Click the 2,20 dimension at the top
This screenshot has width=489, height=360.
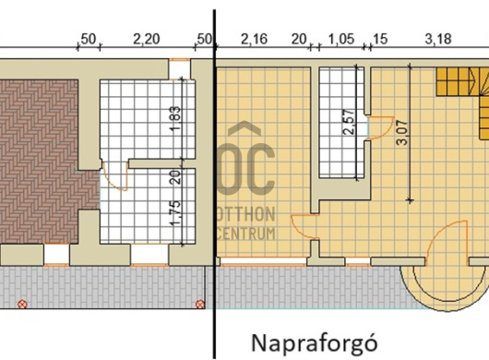147,40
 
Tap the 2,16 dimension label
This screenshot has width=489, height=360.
254,40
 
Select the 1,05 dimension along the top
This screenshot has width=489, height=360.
341,40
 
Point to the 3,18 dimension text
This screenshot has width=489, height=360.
438,40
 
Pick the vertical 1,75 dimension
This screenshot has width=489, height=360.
175,213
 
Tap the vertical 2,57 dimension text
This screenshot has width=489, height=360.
349,122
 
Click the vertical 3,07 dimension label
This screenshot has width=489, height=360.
402,133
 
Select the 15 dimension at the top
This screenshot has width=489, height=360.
380,40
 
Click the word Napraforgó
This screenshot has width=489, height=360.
315,342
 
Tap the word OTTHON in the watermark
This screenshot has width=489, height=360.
246,214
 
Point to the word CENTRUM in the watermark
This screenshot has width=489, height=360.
246,233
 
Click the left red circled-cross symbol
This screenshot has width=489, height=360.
22,304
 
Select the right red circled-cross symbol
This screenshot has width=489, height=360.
200,304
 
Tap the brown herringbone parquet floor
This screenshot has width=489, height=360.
39,162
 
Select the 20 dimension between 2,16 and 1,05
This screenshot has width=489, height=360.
299,40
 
